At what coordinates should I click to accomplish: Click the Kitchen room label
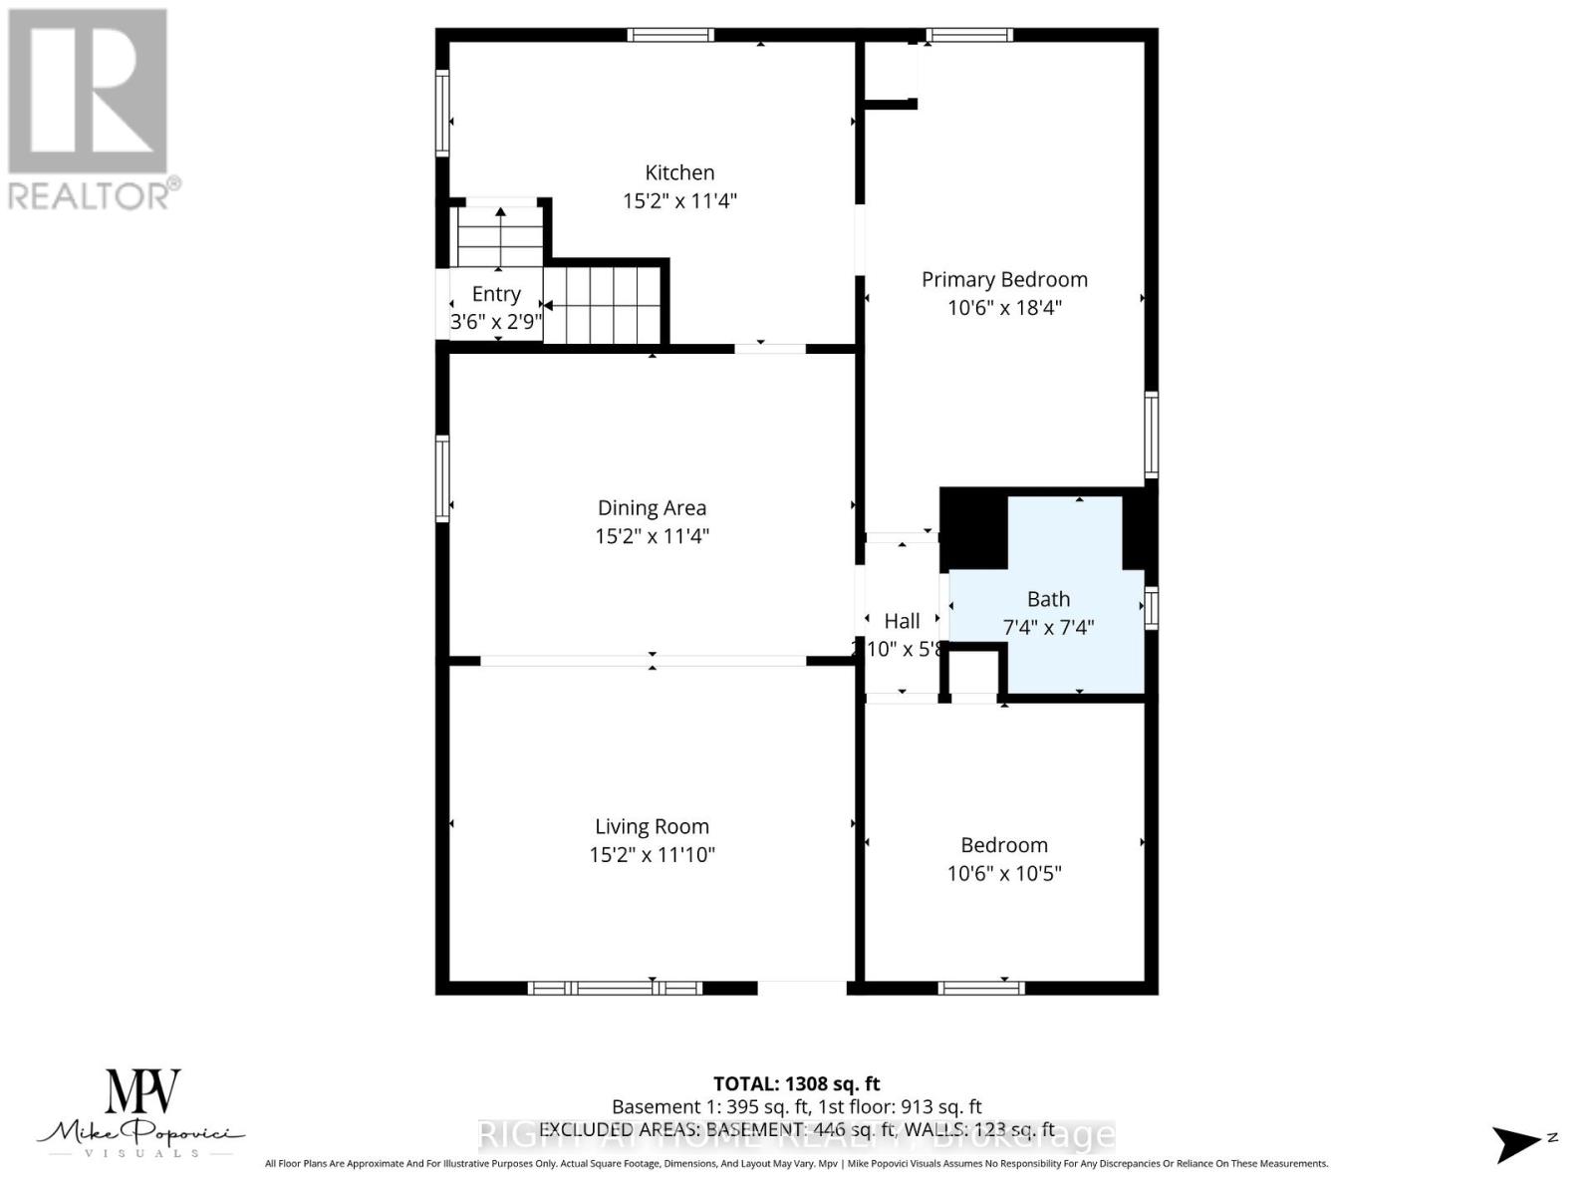pos(679,172)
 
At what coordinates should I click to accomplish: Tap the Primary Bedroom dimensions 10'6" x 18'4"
pos(1004,307)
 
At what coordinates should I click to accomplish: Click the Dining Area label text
pos(652,508)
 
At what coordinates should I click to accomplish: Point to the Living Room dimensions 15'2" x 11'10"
pos(652,854)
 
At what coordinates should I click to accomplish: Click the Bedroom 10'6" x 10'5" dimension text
pos(1004,873)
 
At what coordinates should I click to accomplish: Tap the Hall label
pos(902,621)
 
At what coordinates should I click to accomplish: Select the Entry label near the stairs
pos(496,294)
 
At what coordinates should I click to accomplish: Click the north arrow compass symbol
pos(1517,1143)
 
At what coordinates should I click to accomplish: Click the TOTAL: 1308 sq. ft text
pos(796,1083)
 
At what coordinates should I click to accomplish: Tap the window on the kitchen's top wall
pos(670,35)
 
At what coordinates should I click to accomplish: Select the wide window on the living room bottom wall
pos(615,988)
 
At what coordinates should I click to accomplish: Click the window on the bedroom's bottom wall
pos(981,988)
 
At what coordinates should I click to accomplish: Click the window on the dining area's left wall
pos(442,478)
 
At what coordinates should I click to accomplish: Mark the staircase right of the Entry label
pos(603,304)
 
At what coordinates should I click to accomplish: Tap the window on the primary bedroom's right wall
pos(1152,435)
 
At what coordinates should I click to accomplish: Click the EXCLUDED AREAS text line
pos(796,1129)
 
